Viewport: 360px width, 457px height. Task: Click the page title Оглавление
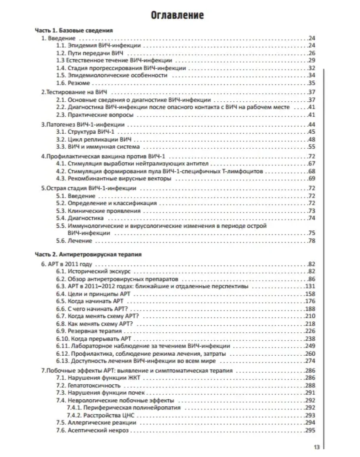click(x=178, y=15)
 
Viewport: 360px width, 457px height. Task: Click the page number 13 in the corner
click(x=316, y=447)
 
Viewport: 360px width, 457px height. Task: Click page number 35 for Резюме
click(x=311, y=83)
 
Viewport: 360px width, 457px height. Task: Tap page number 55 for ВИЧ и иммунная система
click(x=311, y=147)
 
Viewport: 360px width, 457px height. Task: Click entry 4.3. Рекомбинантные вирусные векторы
click(x=114, y=179)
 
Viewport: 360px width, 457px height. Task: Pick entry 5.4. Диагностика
click(x=80, y=218)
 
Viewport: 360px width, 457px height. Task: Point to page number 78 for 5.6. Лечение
click(x=311, y=241)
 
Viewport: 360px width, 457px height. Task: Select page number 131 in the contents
click(x=310, y=286)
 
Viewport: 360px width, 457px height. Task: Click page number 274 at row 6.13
click(x=310, y=361)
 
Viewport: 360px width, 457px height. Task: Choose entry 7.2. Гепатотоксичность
click(x=88, y=385)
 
